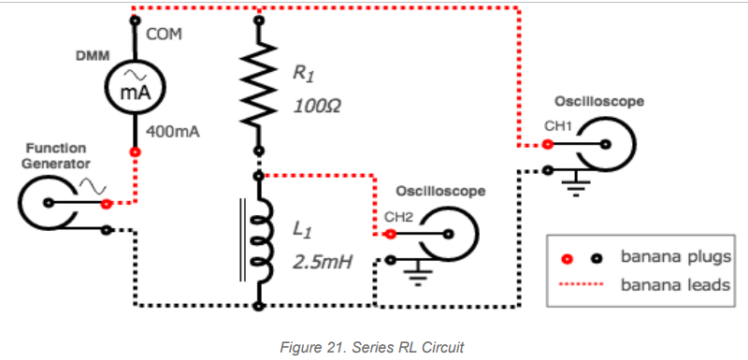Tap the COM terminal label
(163, 35)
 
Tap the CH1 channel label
(557, 125)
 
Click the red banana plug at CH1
(548, 145)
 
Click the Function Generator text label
(55, 155)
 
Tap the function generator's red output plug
(106, 203)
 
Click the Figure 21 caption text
(372, 346)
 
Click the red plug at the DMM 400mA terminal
(135, 151)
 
